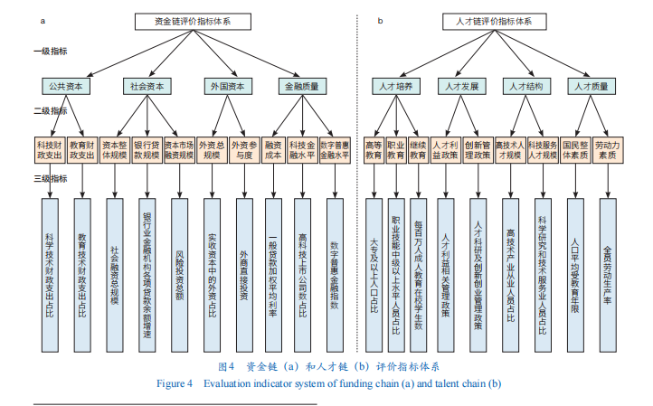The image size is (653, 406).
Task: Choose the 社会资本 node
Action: point(145,86)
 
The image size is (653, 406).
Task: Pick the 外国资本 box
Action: point(225,86)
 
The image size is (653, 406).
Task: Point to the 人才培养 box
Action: point(395,86)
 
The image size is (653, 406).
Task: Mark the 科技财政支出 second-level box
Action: point(51,149)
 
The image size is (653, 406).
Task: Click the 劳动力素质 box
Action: point(608,149)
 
